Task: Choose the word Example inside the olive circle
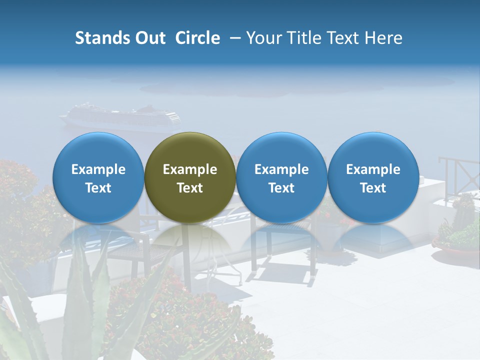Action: (x=190, y=169)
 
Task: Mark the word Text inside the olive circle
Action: (x=190, y=188)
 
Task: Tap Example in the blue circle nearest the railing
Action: (x=373, y=169)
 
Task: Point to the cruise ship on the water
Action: (x=120, y=117)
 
